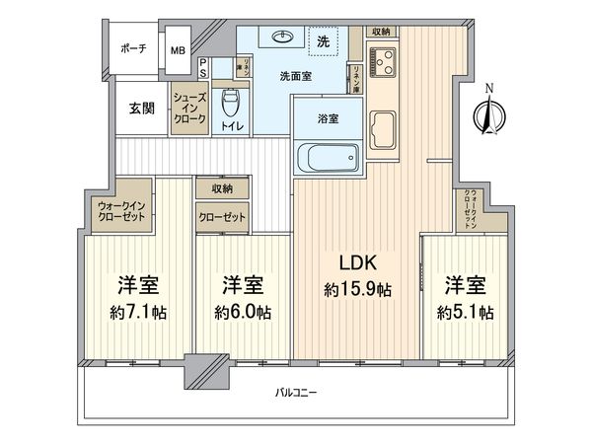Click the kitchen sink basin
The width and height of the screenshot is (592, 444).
[385, 126]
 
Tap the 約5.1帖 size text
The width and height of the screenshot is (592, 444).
[465, 311]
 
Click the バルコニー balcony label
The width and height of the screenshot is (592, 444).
[296, 394]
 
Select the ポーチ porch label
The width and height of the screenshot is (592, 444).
[134, 49]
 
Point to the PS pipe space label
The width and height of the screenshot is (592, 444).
[203, 67]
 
